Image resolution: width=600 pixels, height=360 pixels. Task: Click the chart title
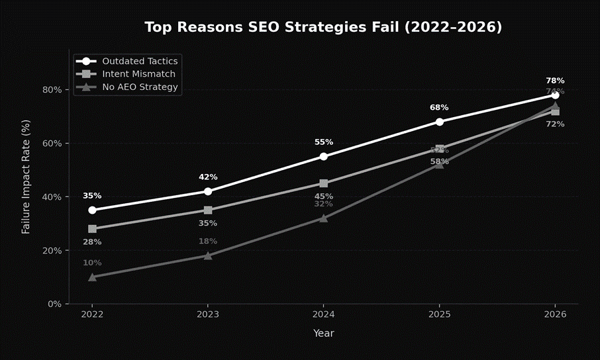point(323,27)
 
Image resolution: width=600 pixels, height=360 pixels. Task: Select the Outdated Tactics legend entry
point(139,61)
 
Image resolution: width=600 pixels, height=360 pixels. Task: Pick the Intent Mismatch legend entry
point(139,73)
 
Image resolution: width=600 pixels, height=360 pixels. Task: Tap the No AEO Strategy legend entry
point(139,87)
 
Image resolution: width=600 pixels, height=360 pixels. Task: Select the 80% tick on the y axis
point(52,90)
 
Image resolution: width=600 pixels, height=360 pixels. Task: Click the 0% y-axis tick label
point(55,304)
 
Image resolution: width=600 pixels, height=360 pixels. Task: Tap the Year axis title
point(323,334)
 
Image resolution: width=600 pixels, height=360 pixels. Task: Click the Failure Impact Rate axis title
point(26,177)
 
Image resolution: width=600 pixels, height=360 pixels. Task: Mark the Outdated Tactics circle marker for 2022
point(92,210)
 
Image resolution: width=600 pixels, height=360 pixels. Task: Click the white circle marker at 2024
point(323,157)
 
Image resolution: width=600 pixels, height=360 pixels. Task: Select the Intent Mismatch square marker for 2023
point(208,210)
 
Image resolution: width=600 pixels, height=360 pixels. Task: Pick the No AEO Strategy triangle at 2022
point(92,277)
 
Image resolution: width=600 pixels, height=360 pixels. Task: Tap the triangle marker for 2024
point(323,218)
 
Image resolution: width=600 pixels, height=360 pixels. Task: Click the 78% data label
point(555,81)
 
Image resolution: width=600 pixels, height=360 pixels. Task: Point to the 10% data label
point(92,263)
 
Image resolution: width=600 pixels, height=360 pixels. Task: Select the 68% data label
point(439,107)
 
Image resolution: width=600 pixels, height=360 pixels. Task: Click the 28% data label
point(92,242)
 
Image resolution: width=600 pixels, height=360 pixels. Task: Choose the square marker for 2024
point(323,183)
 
